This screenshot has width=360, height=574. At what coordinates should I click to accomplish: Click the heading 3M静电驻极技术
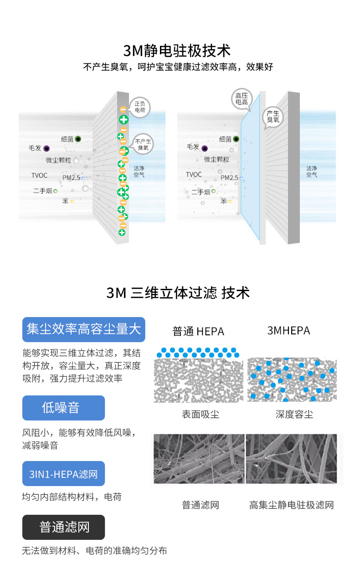[x=177, y=50]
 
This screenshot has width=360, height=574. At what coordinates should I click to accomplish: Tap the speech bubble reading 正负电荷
[x=139, y=107]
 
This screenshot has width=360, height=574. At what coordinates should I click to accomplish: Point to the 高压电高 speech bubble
[x=242, y=99]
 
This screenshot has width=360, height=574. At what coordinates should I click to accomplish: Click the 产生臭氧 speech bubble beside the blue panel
[x=273, y=116]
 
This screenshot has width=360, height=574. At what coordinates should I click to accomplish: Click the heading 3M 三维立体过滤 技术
[x=178, y=292]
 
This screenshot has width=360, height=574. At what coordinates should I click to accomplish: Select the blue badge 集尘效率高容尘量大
[x=83, y=329]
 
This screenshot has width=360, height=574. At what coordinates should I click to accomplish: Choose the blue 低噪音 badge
[x=63, y=408]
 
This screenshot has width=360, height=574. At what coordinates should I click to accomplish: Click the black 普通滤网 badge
[x=63, y=528]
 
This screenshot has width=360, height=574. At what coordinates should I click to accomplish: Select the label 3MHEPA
[x=288, y=330]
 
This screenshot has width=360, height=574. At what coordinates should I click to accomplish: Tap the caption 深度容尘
[x=294, y=414]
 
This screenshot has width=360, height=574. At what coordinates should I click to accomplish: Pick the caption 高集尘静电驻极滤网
[x=292, y=505]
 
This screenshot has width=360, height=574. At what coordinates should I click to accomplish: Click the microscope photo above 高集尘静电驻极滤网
[x=292, y=459]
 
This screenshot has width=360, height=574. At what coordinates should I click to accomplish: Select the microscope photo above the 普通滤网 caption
[x=199, y=459]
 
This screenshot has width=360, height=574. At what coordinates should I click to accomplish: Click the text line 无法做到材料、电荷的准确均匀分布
[x=94, y=551]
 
